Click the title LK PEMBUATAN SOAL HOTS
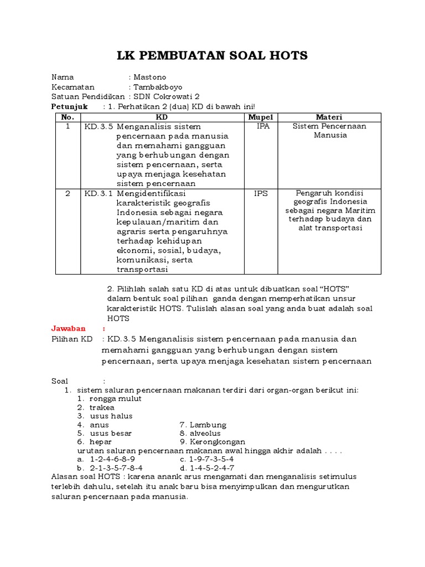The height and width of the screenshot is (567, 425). (212, 55)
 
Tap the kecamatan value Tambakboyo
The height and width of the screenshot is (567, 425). (157, 87)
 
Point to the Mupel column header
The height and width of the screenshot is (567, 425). (261, 117)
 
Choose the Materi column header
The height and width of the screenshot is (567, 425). (329, 117)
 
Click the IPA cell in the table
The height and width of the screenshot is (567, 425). (261, 126)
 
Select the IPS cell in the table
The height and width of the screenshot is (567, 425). (261, 194)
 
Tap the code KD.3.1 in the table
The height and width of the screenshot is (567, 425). (98, 194)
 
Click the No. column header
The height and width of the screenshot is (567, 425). (68, 117)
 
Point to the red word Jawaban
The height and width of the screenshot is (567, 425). (69, 328)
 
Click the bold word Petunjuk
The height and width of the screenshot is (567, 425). (69, 106)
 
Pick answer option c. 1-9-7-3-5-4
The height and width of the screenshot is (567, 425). (207, 460)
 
